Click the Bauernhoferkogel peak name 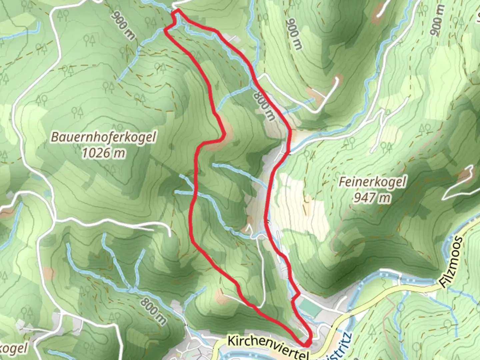coord(103,137)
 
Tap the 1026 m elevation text coord(104,153)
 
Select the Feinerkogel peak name coord(372,182)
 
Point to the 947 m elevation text coord(372,198)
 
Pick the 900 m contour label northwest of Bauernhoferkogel coord(124,25)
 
